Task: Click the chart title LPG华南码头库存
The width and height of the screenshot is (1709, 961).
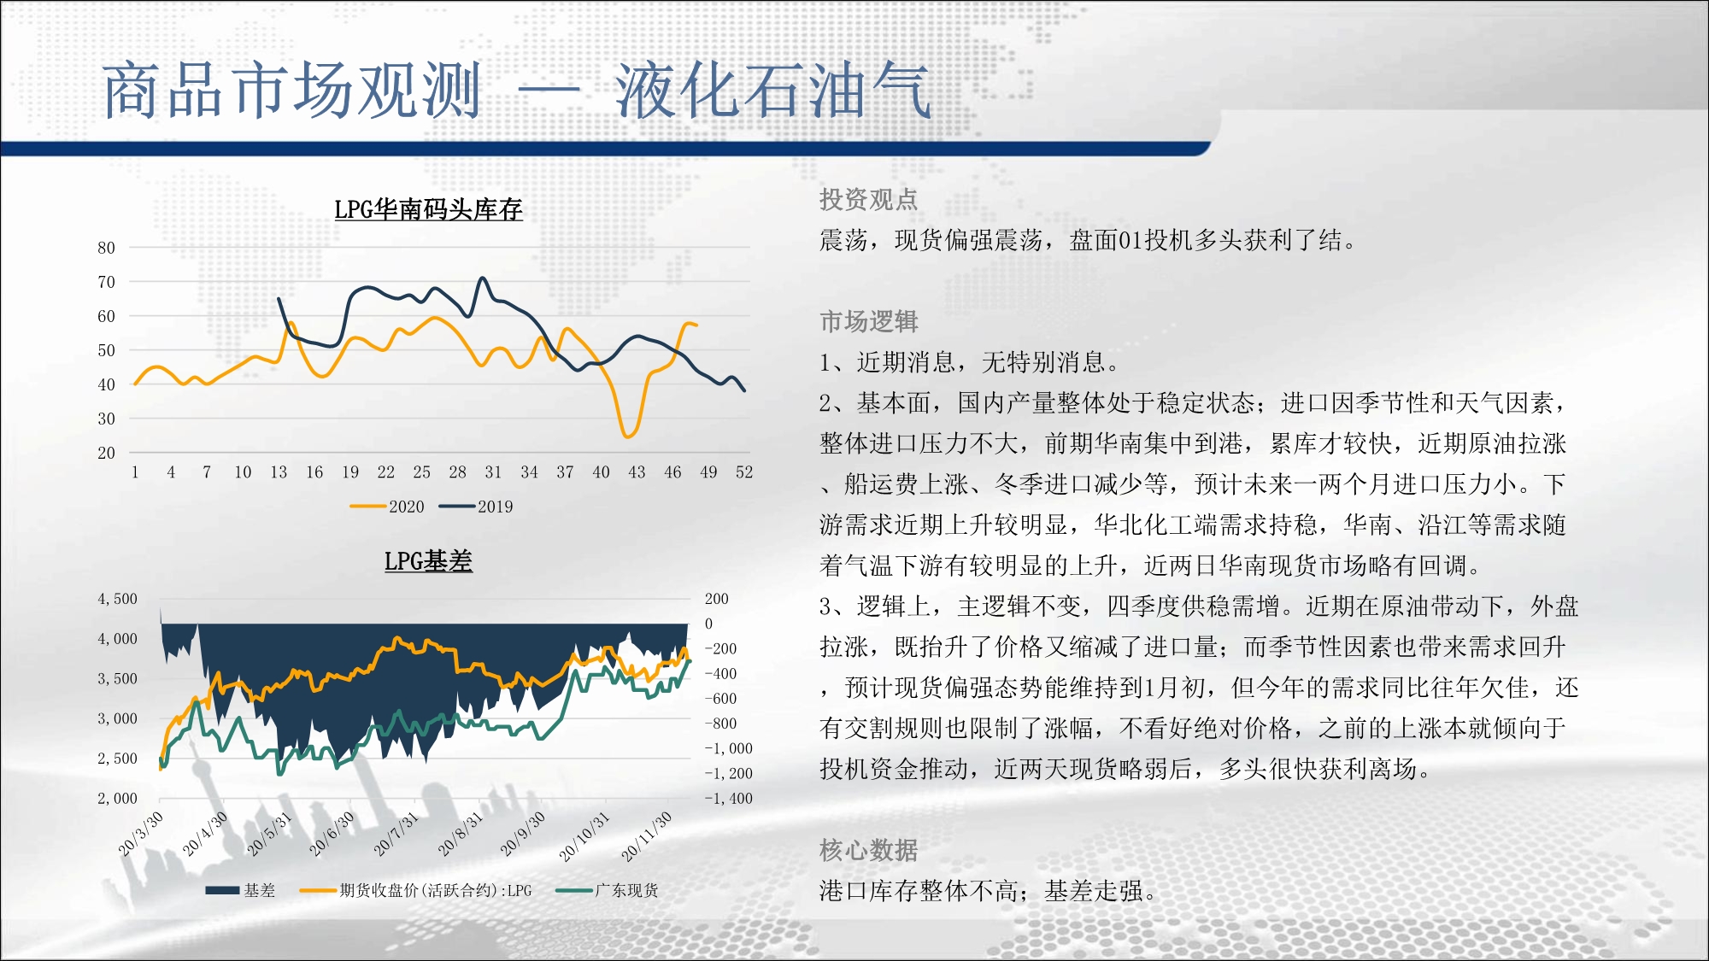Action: (428, 209)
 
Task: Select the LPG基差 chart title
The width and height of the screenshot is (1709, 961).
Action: (428, 561)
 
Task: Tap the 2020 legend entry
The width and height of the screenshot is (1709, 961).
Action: (387, 507)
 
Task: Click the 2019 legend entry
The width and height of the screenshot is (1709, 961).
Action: (476, 507)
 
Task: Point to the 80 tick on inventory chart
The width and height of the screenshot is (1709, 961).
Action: (106, 248)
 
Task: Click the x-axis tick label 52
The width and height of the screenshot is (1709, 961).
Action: (744, 472)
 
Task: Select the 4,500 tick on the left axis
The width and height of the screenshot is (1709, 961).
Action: (117, 599)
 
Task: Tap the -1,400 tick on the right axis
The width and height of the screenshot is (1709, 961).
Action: (728, 799)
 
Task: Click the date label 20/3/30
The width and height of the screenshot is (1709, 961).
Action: (141, 833)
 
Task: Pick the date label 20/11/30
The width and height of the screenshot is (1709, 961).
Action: (647, 835)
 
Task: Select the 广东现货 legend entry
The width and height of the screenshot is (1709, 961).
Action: (607, 890)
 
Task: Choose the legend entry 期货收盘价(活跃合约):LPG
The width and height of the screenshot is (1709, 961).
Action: (415, 890)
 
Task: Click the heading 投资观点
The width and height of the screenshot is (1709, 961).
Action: (868, 200)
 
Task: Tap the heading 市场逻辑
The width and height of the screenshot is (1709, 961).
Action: (868, 322)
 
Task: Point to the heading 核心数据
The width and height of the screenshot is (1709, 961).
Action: (868, 851)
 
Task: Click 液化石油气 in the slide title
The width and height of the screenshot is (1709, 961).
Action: (772, 91)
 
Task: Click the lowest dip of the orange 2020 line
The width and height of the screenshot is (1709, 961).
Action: (628, 437)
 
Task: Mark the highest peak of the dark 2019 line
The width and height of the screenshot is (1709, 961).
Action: (483, 278)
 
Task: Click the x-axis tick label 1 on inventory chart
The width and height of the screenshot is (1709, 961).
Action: (135, 472)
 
